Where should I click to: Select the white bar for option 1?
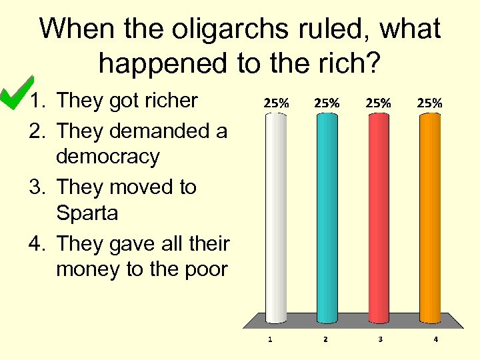click(x=276, y=217)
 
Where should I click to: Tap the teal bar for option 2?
click(x=327, y=217)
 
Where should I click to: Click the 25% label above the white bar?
click(x=277, y=103)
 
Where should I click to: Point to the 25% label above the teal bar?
click(x=327, y=103)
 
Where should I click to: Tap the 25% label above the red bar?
click(x=378, y=103)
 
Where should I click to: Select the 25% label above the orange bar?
click(x=429, y=103)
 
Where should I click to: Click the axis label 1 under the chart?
click(x=270, y=339)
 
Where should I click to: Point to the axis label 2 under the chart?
click(x=325, y=339)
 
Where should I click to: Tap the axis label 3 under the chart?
click(x=380, y=339)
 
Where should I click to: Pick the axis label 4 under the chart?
click(x=435, y=339)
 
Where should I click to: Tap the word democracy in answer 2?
click(x=108, y=157)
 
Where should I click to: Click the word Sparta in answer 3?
click(x=87, y=214)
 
